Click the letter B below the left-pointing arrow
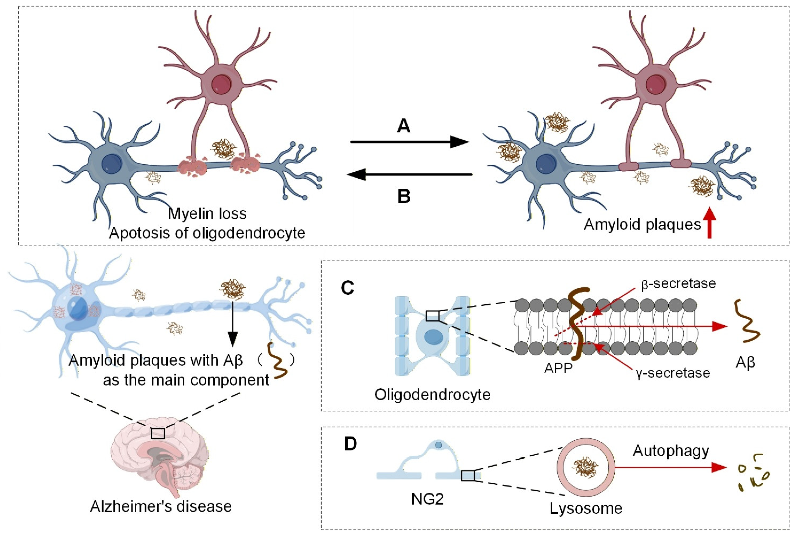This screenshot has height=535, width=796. tap(404, 196)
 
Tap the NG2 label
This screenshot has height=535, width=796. tap(428, 499)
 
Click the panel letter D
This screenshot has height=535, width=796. tap(350, 444)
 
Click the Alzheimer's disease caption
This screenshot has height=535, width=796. tap(161, 506)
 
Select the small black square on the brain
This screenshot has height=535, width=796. tap(158, 433)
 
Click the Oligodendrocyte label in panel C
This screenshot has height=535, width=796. tap(432, 395)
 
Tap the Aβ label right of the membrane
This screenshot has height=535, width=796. tap(745, 362)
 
